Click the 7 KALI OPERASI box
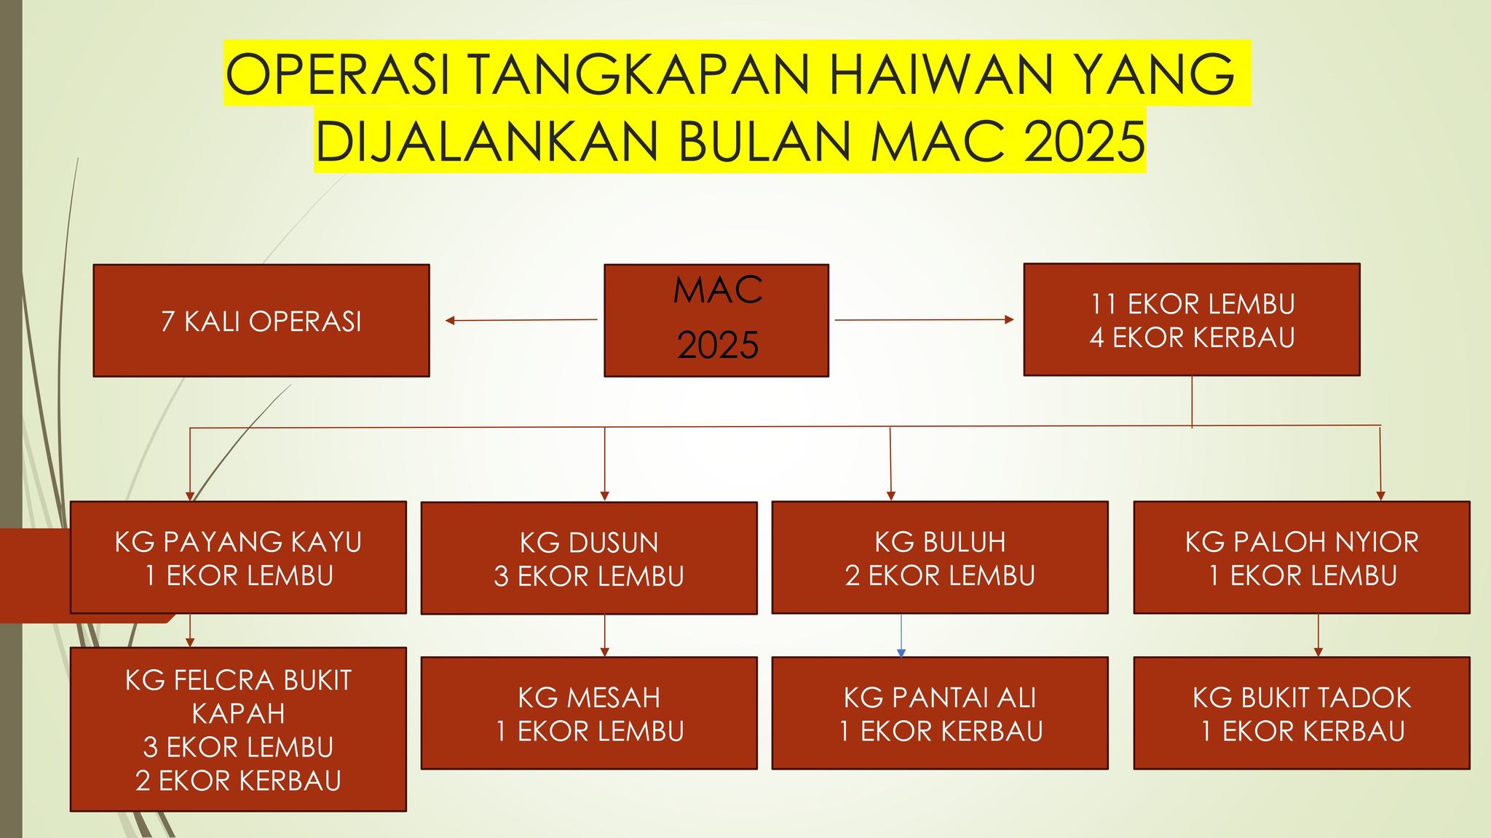point(261,320)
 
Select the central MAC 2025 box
point(716,320)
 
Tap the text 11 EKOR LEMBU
point(1193,304)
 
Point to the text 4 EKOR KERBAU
point(1193,338)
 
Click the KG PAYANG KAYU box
point(238,557)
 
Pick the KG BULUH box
point(940,557)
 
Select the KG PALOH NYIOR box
point(1302,557)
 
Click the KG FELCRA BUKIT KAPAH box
point(238,730)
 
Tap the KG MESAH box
point(589,713)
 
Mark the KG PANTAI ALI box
point(940,713)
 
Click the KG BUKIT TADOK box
point(1302,713)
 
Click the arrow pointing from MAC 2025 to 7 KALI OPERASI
point(521,320)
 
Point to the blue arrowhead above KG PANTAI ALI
point(901,653)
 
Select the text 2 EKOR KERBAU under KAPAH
point(238,781)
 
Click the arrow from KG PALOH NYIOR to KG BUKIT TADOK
point(1318,635)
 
